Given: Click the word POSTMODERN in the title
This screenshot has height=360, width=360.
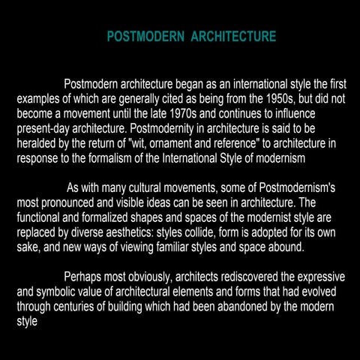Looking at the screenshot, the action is point(145,37).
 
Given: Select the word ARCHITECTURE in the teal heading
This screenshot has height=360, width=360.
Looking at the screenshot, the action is point(233,37).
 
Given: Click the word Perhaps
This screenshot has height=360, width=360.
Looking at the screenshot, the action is point(87,277).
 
